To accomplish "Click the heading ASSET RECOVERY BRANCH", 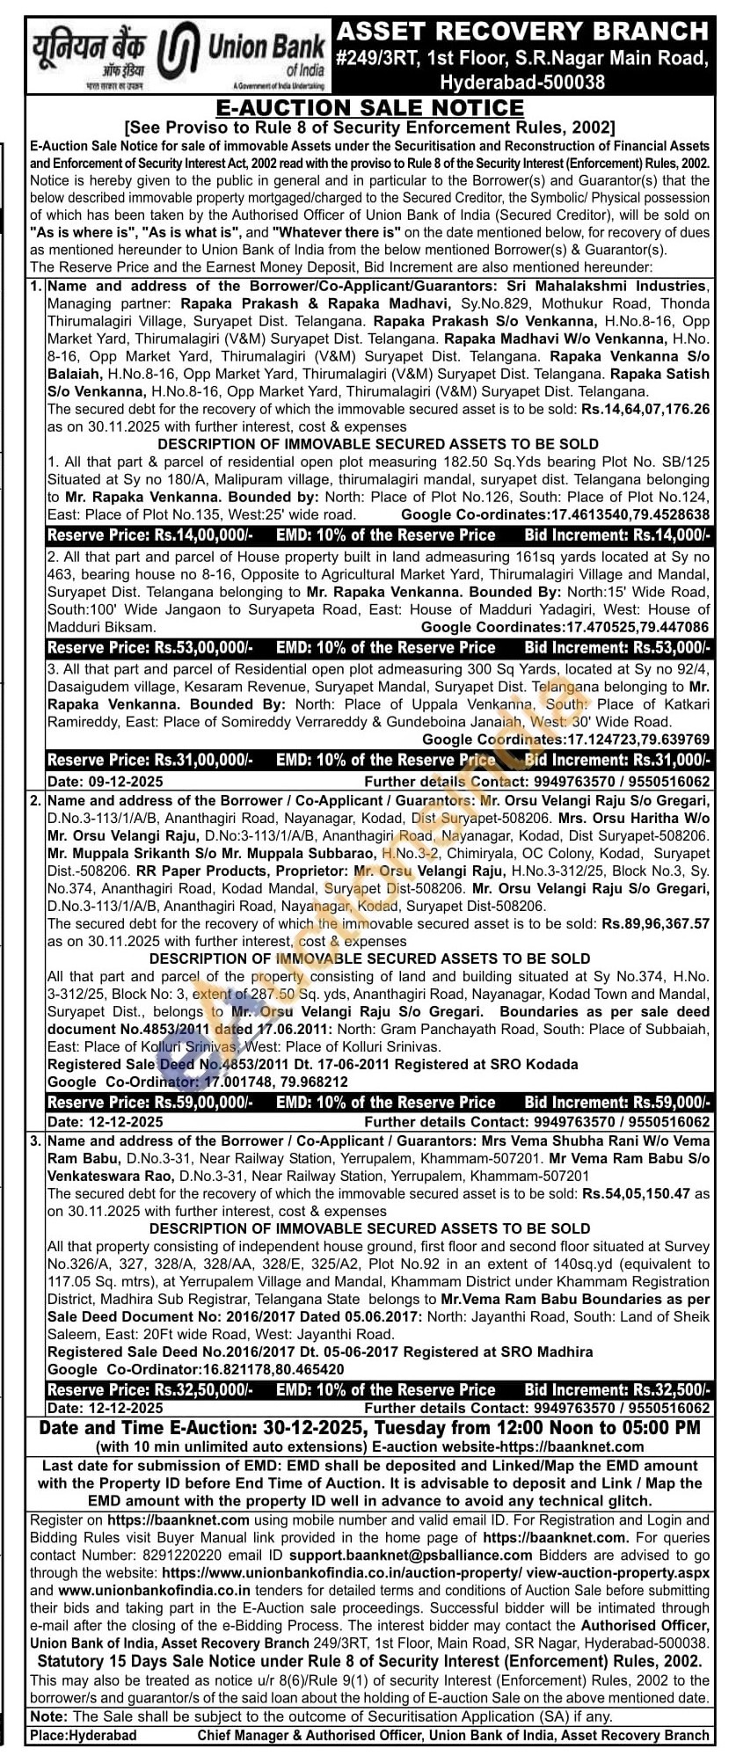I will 523,32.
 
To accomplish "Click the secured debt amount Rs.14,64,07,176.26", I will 643,409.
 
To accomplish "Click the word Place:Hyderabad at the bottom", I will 84,1735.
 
